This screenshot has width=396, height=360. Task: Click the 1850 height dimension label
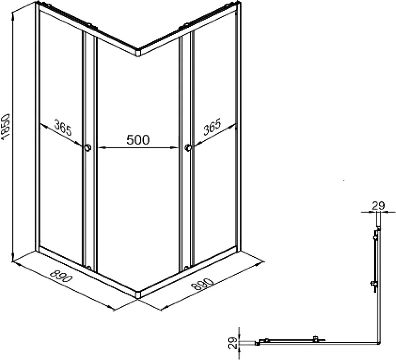[x=6, y=127]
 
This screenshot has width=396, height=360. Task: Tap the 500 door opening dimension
[x=138, y=140]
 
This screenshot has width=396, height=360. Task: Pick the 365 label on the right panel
[x=212, y=126]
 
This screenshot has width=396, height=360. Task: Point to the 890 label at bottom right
[x=202, y=285]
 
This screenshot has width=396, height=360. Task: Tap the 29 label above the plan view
[x=378, y=206]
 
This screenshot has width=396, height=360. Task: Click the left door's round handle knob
[x=88, y=148]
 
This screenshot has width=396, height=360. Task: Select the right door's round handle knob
[x=188, y=148]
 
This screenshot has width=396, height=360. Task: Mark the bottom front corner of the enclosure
[x=137, y=297]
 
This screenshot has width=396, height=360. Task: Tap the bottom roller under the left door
[x=89, y=267]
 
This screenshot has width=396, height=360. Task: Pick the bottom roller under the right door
[x=186, y=268]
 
